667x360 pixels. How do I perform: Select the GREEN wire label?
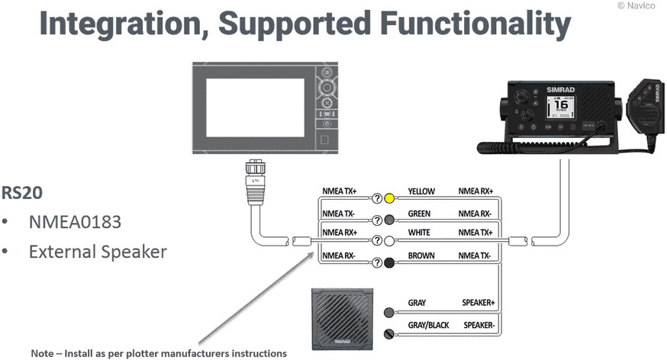coord(420,214)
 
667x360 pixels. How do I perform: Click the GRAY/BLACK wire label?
coord(428,325)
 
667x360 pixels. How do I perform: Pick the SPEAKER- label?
coord(478,325)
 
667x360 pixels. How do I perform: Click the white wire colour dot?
coord(389,241)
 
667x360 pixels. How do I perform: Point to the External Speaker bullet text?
coord(98,251)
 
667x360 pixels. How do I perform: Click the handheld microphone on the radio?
coord(644,107)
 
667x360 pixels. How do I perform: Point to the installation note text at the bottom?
coord(159,353)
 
